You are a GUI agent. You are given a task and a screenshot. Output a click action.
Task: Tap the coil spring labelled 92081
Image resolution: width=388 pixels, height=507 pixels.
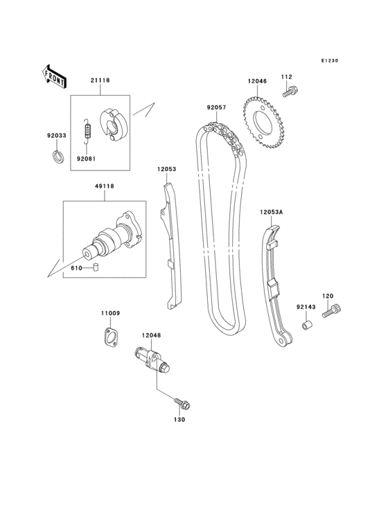click(87, 131)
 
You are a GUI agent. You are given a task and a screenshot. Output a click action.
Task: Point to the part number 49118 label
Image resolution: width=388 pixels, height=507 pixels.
click(105, 186)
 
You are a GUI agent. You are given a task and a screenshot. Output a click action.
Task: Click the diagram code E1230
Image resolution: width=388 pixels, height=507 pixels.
click(329, 61)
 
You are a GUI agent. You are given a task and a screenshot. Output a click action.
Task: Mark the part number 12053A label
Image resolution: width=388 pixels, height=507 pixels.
click(272, 212)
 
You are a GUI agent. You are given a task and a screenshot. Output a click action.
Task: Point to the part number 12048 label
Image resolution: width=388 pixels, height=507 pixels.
click(151, 335)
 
